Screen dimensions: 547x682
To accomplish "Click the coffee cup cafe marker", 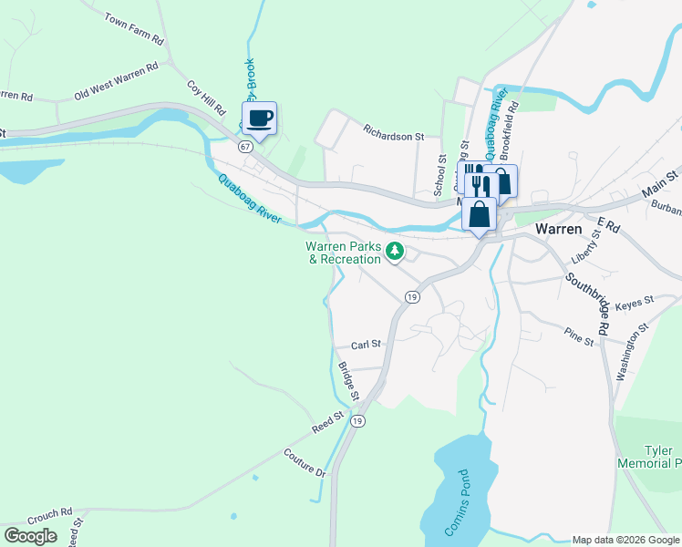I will tap(259, 119).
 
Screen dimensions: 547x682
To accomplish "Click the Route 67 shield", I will tap(245, 146).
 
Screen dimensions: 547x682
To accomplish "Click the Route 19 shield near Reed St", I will tap(358, 420).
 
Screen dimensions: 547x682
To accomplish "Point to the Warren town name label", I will tap(559, 229).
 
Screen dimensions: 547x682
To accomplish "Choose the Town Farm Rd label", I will tap(133, 29).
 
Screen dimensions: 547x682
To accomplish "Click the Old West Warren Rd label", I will tap(116, 80).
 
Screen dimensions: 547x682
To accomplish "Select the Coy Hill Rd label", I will tap(205, 98).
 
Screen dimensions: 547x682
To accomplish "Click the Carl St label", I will tap(365, 346).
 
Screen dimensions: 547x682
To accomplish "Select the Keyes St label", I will tap(635, 301).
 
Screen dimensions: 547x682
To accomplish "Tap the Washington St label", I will tap(631, 350).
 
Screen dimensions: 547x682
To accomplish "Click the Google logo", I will tap(31, 535).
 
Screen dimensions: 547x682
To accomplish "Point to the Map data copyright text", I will tap(625, 540).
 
